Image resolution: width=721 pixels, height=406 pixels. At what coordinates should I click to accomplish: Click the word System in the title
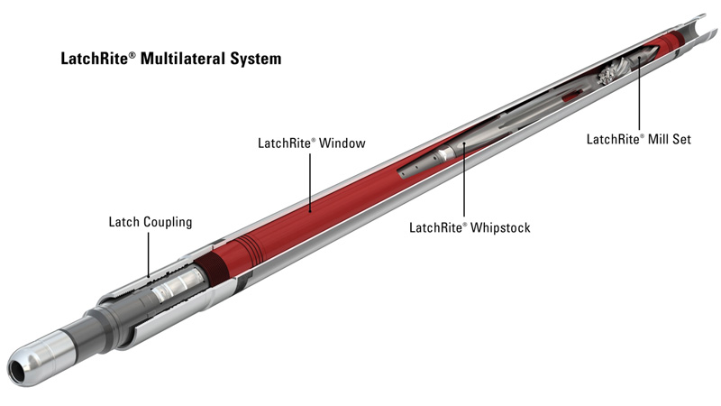(x=257, y=60)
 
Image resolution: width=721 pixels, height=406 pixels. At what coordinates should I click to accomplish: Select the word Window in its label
(x=342, y=143)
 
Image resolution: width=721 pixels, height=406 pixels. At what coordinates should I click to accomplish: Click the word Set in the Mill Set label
(x=694, y=139)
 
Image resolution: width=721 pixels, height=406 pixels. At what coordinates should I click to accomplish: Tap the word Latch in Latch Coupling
(x=124, y=222)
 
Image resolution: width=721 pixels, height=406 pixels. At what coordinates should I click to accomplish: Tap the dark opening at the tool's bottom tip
(x=17, y=369)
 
